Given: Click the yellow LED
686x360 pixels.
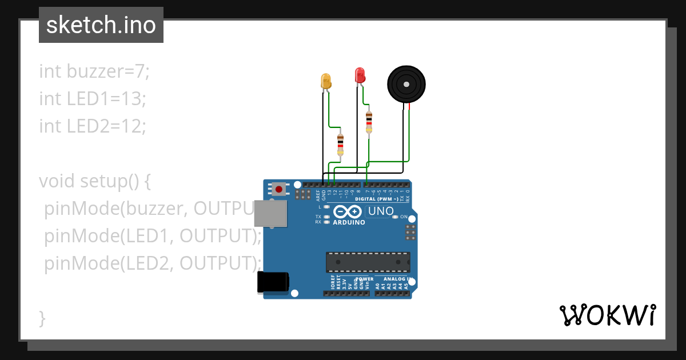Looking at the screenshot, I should (326, 81).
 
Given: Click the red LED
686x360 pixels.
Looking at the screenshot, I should (360, 75).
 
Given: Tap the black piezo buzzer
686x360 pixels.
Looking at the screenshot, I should (406, 85).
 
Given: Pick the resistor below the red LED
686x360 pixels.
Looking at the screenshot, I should (369, 122).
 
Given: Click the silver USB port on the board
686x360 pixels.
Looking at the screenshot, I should (270, 213).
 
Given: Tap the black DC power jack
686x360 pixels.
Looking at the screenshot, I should (273, 282).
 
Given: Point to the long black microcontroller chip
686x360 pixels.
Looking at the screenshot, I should (368, 262).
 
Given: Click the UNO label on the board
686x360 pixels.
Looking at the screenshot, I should (381, 211).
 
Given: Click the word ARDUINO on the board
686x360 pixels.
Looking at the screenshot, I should (349, 222).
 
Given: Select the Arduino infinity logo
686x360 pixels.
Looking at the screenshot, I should (348, 211).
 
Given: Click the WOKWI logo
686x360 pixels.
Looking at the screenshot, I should (608, 315).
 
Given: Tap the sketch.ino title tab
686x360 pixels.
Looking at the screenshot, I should (101, 25).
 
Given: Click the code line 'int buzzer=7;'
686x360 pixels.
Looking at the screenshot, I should (94, 71).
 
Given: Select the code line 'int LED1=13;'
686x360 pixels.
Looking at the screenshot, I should (93, 98).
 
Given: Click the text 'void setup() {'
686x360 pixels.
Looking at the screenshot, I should (95, 181).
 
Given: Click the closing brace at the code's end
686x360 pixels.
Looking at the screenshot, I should (42, 318).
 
